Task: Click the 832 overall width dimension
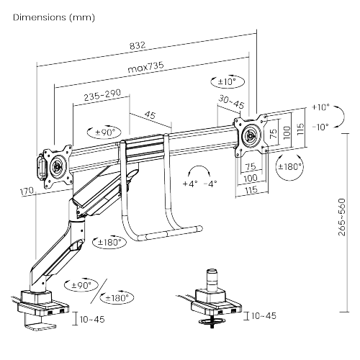point(138,45)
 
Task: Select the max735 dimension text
point(145,67)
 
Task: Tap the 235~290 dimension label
point(102,95)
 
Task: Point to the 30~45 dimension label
point(231,102)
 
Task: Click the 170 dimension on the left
point(27,192)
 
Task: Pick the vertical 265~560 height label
point(342,217)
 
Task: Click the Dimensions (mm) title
point(54,17)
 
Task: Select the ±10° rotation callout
point(228,81)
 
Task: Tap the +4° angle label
point(190,184)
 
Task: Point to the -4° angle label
point(210,184)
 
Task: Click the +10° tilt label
point(320,107)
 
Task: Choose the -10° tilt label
point(320,127)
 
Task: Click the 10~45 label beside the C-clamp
point(92,320)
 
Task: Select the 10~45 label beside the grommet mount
point(264,316)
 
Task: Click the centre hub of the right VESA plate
point(251,135)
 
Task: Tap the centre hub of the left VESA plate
point(58,166)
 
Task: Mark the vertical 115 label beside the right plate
point(300,129)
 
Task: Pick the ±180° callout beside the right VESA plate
point(289,166)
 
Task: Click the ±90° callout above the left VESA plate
point(104,132)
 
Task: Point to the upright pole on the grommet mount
point(212,280)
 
